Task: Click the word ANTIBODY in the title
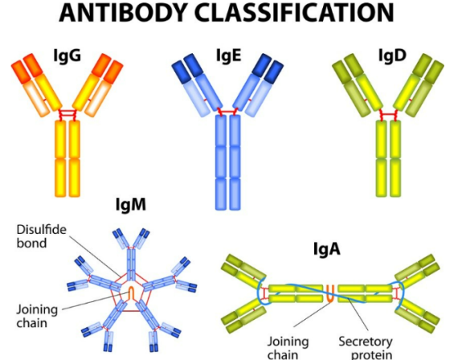(124, 13)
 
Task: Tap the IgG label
(67, 55)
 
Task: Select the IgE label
(229, 55)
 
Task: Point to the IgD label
(392, 55)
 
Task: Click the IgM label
(131, 204)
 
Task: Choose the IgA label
(327, 249)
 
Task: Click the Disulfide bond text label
(41, 236)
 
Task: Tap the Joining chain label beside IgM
(37, 316)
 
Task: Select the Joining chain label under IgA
(288, 348)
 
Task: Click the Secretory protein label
(366, 348)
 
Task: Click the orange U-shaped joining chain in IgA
(330, 293)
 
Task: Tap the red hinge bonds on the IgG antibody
(67, 114)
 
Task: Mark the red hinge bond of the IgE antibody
(227, 112)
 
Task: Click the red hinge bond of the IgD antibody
(388, 114)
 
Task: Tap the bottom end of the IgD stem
(388, 195)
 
